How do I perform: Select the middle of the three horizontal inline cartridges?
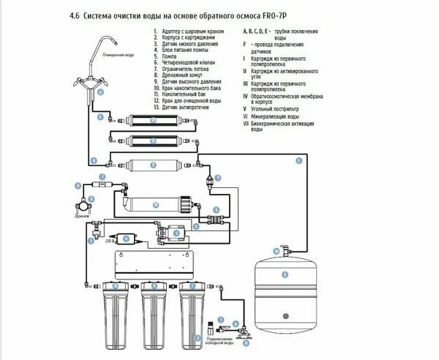tap(154, 139)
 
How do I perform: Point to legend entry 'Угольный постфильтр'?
tap(274, 108)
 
